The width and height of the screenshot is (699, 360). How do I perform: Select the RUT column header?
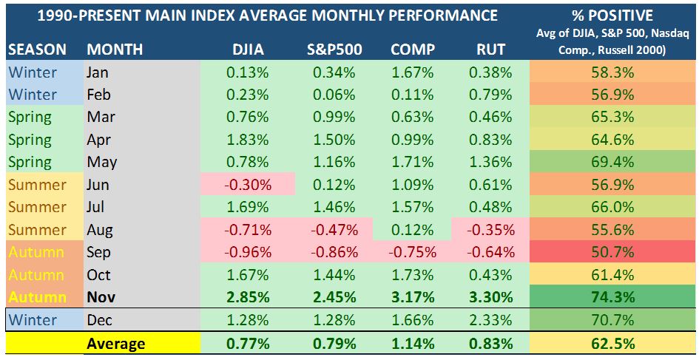[x=490, y=50]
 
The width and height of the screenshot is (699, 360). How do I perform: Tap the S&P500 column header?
[x=331, y=50]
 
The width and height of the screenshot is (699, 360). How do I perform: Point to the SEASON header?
[x=37, y=50]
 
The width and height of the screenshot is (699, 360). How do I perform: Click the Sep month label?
[x=98, y=252]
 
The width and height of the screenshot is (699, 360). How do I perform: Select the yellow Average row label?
[x=115, y=344]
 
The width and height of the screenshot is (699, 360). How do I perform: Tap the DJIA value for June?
[x=247, y=185]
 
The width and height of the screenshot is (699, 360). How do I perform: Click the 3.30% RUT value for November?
[x=490, y=298]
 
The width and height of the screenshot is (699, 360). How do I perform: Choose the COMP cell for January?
[x=412, y=72]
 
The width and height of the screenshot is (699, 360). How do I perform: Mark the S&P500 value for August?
[x=331, y=230]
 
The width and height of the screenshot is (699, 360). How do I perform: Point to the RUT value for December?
[x=490, y=321]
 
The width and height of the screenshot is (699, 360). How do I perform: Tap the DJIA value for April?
[x=247, y=140]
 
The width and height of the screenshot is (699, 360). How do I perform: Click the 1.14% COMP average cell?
[x=412, y=344]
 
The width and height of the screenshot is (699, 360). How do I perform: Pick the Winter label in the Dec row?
[x=33, y=321]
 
